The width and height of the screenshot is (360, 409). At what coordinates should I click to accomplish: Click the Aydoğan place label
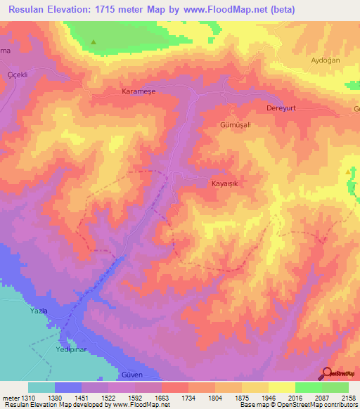click(325, 60)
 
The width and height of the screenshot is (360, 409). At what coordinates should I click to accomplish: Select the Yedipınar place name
click(74, 349)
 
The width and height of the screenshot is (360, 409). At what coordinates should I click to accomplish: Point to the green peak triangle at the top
click(93, 42)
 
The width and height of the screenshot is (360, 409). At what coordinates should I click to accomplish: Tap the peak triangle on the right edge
click(349, 171)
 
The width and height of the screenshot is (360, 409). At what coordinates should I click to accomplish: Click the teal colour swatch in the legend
click(41, 387)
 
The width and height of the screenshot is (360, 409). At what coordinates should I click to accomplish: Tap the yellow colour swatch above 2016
click(281, 387)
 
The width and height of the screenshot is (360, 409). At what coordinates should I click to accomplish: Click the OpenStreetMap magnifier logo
click(328, 374)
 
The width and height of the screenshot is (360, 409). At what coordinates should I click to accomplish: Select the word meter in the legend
click(12, 398)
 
